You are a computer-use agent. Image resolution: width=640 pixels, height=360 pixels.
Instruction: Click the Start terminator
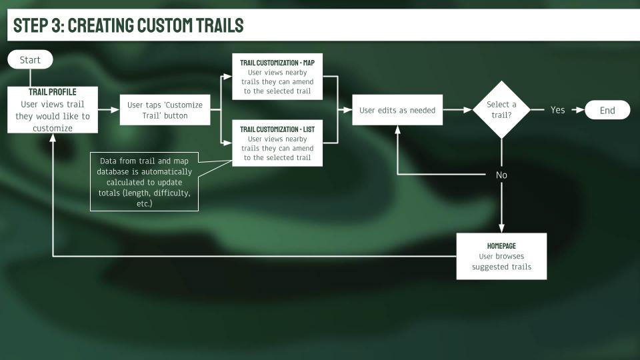tap(30, 59)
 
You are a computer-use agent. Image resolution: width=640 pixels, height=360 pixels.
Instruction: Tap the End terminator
tap(607, 110)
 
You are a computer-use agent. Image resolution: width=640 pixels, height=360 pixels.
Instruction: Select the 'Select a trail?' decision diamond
tap(501, 110)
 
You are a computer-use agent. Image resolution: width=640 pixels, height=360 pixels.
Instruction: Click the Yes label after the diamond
tap(557, 110)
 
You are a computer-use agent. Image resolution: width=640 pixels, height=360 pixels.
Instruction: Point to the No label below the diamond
tap(501, 175)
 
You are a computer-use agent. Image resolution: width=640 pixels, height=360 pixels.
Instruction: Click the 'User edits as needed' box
tap(397, 110)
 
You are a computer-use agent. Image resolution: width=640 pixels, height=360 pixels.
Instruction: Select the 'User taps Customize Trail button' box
tap(165, 110)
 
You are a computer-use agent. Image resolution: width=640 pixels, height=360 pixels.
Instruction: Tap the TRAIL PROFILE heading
tap(52, 92)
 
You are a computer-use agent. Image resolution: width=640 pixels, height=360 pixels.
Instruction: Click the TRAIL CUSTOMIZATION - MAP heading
tap(277, 63)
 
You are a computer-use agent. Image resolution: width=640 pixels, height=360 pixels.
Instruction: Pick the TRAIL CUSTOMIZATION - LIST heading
tap(277, 129)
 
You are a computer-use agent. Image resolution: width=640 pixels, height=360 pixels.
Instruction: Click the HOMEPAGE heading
tap(501, 246)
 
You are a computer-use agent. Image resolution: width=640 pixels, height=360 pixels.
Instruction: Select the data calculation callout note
tap(144, 181)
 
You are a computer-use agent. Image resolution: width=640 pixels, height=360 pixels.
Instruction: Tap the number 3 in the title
tap(56, 25)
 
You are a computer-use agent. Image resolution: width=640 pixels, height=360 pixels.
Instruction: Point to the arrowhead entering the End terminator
tap(581, 110)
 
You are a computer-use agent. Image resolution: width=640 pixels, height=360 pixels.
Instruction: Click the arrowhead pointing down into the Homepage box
tap(501, 229)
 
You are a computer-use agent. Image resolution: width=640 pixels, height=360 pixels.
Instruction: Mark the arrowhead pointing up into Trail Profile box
tap(53, 137)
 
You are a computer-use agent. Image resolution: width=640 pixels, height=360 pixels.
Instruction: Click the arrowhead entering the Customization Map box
tap(228, 76)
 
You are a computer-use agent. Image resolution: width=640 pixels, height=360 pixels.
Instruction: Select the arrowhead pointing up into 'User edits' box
tap(397, 129)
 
